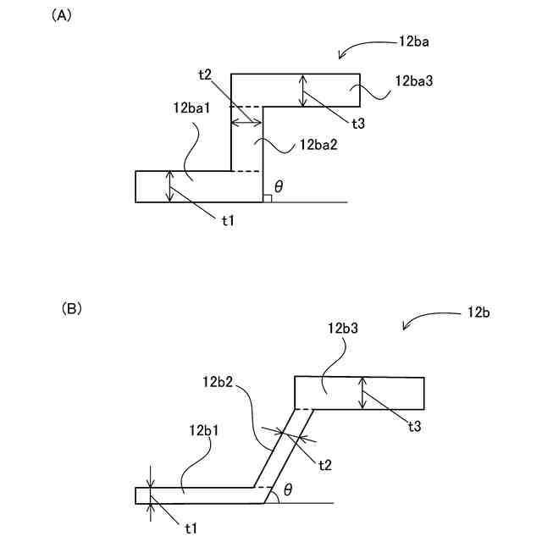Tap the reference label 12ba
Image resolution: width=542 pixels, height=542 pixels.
pos(416,41)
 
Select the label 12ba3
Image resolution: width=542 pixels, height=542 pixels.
pos(414,81)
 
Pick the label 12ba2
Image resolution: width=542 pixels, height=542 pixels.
pos(318,146)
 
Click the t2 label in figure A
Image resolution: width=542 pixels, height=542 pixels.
pos(205,75)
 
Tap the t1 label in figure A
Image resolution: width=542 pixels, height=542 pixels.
pos(229,220)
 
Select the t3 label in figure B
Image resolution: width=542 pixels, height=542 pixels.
pos(414,426)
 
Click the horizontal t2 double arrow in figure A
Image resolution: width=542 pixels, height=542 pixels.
pos(247,123)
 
